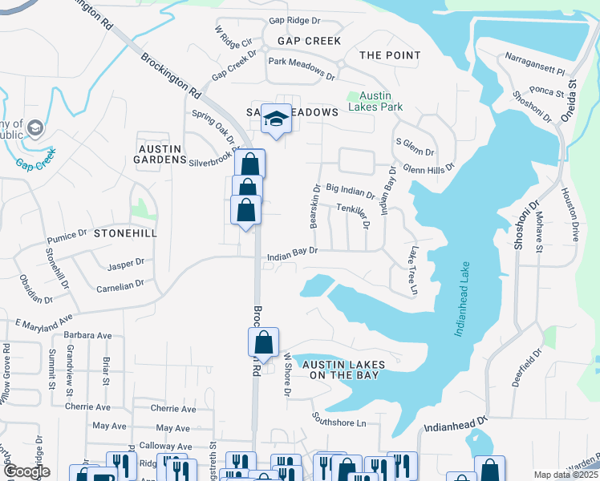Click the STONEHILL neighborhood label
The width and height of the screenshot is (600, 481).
click(x=125, y=233)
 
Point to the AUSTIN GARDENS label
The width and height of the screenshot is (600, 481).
click(x=162, y=154)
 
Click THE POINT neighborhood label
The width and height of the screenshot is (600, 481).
click(x=390, y=55)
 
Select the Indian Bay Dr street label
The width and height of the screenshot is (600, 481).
click(x=293, y=251)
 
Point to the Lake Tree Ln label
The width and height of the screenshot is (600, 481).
click(x=412, y=270)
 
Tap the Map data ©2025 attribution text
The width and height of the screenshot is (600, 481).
click(x=566, y=475)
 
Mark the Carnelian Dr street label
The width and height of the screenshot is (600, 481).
click(x=120, y=285)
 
